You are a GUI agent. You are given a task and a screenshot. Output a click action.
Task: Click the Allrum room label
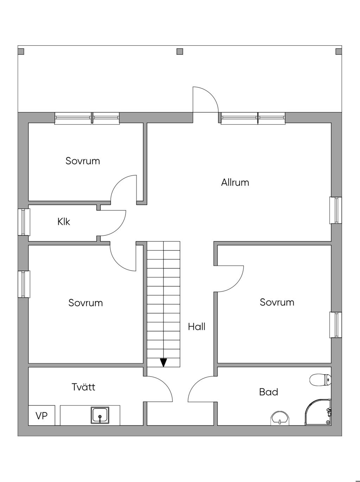point(235,182)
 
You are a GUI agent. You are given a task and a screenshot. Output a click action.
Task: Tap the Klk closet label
point(64,222)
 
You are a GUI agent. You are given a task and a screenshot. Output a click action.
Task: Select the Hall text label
point(197,327)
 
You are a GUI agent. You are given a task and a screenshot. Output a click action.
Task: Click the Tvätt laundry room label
point(83,387)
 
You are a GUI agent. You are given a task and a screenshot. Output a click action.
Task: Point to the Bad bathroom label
point(268,392)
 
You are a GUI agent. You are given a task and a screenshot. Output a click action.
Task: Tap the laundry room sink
point(100,415)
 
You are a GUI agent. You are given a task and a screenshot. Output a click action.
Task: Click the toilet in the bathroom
point(320,379)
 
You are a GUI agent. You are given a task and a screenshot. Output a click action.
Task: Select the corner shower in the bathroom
point(318,412)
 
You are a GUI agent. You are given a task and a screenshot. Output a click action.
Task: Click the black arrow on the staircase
point(163,363)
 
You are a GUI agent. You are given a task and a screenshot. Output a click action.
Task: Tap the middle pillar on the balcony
point(180,51)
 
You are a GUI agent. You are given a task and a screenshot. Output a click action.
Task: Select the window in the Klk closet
point(24,222)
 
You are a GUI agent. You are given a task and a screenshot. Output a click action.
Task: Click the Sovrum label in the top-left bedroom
point(83,161)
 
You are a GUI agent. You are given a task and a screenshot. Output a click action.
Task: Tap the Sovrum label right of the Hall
point(277,302)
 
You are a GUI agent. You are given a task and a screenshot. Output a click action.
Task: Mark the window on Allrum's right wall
point(336,210)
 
